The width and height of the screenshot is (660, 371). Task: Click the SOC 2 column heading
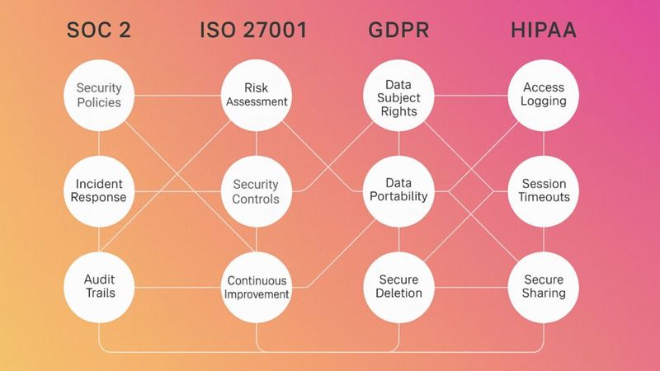(98, 31)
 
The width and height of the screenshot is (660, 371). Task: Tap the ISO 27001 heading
(253, 31)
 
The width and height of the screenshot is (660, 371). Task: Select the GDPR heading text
(398, 31)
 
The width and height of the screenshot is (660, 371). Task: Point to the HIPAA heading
(544, 31)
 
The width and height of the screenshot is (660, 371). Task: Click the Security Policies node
(99, 96)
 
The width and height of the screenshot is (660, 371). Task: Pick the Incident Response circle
(99, 191)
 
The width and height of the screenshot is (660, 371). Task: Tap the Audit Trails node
(99, 287)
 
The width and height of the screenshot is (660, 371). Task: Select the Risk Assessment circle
(257, 96)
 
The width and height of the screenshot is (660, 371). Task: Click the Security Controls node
(257, 191)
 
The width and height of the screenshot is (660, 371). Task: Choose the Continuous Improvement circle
(257, 287)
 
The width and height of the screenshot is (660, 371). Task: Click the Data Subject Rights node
(398, 96)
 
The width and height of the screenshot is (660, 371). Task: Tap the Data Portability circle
(398, 191)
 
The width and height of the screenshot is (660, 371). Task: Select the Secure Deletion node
(398, 287)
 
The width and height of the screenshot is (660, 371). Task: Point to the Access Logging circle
(544, 96)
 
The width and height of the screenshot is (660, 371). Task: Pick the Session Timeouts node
(544, 191)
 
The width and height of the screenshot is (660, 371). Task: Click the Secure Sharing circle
(544, 287)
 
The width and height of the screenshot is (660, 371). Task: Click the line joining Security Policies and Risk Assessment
(177, 96)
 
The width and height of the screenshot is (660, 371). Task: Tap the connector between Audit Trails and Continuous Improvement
(177, 288)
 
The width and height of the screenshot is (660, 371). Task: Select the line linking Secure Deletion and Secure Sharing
(471, 288)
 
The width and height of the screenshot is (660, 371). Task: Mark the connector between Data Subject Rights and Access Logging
(471, 96)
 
